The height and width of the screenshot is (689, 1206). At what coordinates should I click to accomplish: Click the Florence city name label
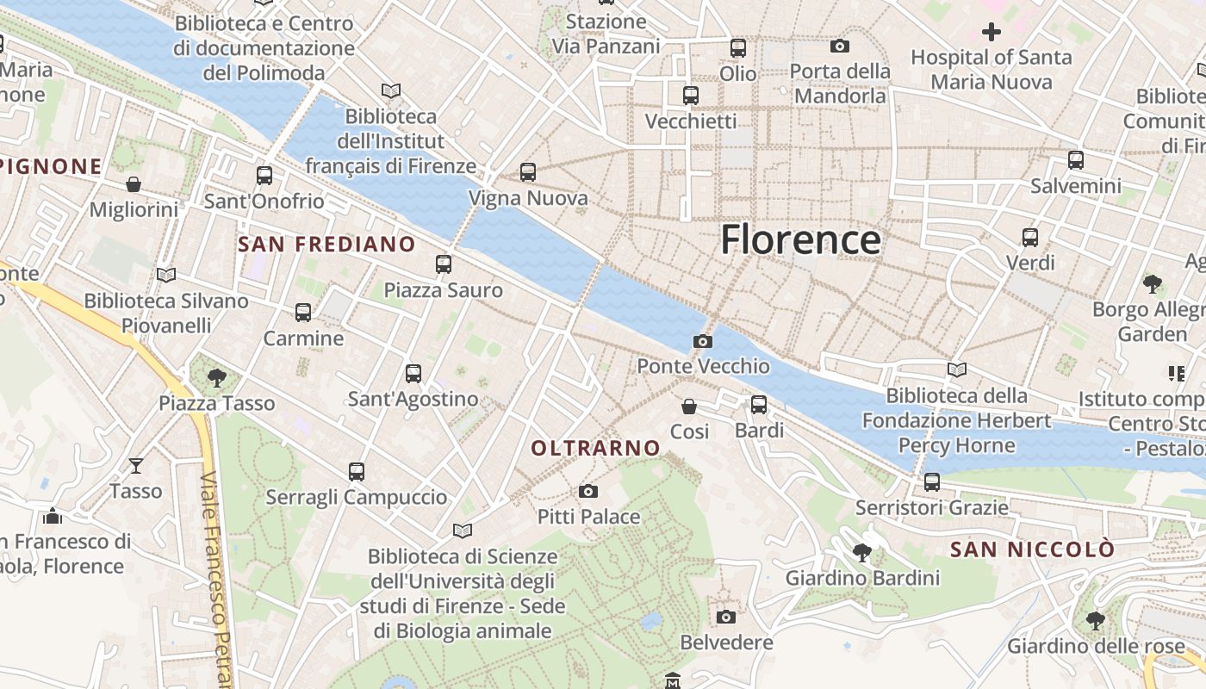[x=800, y=239]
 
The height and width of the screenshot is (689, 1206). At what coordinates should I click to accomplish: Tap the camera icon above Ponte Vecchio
[x=702, y=341]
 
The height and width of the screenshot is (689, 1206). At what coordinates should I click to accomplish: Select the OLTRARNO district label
[x=595, y=448]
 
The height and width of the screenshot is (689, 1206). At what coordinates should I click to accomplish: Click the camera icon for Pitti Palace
[x=588, y=491]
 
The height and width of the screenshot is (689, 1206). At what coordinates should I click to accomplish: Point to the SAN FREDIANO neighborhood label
[x=326, y=244]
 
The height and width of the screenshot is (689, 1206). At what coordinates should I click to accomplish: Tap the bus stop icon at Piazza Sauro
[x=444, y=264]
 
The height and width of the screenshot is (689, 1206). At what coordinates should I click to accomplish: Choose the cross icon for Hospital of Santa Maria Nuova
[x=992, y=32]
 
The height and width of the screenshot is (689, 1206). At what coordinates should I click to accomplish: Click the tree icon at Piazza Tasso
[x=217, y=377]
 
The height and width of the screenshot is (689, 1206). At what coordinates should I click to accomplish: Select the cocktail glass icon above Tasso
[x=136, y=466]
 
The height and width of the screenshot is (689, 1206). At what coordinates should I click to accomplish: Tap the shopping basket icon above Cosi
[x=689, y=406]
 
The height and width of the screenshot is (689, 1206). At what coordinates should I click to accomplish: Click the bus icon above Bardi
[x=759, y=404]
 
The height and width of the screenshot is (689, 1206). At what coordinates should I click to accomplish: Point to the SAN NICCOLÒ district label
[x=1032, y=549]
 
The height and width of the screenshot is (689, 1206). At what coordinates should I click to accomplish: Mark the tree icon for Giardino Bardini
[x=862, y=552]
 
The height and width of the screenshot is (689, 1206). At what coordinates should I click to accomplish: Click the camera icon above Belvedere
[x=726, y=617]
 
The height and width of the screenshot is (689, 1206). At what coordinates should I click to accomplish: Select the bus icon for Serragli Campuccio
[x=357, y=471]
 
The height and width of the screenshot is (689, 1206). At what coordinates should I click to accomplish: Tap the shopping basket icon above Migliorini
[x=134, y=184]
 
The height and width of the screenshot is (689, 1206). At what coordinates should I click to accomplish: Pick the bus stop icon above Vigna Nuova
[x=528, y=172]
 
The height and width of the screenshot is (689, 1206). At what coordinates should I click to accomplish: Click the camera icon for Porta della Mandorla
[x=840, y=46]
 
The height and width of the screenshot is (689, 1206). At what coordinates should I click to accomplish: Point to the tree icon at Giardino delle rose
[x=1096, y=620]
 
